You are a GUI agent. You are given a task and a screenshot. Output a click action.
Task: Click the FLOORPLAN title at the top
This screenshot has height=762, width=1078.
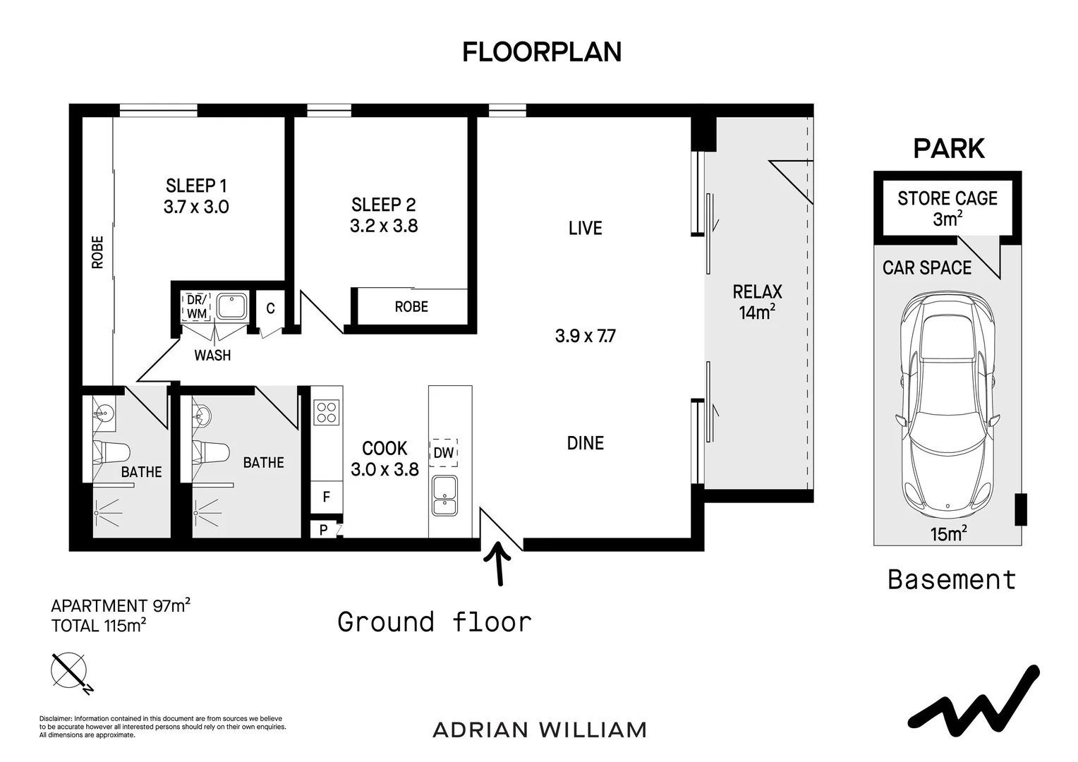pos(541,52)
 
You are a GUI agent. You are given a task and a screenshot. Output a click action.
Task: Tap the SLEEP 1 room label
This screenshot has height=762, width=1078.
pos(196,186)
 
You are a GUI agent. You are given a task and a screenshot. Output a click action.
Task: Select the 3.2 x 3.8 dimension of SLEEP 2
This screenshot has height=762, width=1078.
pos(384,226)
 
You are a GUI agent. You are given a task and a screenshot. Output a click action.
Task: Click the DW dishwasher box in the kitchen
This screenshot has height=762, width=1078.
pos(443,452)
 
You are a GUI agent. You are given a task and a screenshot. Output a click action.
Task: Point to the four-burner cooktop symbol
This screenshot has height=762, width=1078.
pos(326,412)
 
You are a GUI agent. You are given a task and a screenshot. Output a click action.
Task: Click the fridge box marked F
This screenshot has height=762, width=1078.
pos(326,497)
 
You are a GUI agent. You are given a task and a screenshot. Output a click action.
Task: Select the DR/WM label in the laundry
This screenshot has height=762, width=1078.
pos(196,306)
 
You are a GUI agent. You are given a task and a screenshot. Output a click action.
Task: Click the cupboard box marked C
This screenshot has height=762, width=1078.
pos(270,308)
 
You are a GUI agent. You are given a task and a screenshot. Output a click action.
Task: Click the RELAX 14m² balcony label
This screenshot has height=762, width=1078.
pos(757,301)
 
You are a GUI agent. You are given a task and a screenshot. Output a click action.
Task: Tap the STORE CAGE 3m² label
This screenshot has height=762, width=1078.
pos(947,208)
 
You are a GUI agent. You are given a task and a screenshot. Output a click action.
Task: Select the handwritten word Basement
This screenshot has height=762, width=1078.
pos(951,580)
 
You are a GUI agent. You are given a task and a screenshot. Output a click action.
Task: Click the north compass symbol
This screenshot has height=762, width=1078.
pos(70,671)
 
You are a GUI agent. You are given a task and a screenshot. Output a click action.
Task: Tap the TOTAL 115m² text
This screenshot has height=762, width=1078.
pos(99,625)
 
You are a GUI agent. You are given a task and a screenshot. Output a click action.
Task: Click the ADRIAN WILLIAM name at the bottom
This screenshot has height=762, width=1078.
pos(540,730)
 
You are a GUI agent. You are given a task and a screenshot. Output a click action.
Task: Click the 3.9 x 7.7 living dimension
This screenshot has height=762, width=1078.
pos(585,336)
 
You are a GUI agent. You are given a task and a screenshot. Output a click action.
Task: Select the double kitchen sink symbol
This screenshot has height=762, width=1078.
pos(444,495)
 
